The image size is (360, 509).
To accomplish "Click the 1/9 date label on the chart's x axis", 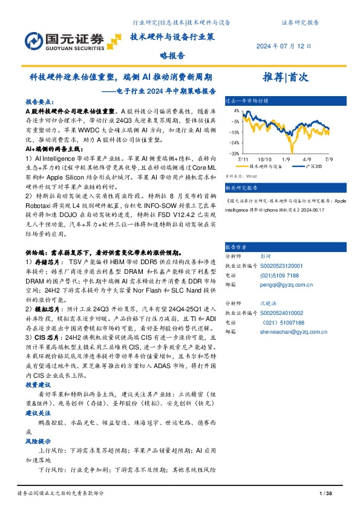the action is point(287,158).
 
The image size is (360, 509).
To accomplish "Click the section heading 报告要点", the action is point(40,103).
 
